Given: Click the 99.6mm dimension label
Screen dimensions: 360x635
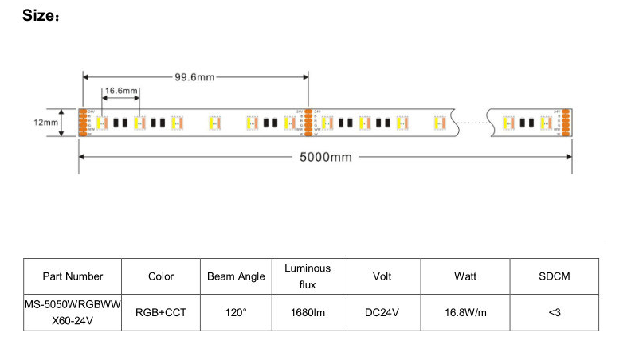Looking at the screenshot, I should pyautogui.click(x=194, y=76).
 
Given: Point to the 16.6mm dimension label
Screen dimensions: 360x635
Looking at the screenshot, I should pyautogui.click(x=121, y=91).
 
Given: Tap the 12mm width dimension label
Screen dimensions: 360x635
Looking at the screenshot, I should pyautogui.click(x=45, y=123).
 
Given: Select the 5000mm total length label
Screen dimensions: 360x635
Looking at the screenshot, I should pyautogui.click(x=325, y=157).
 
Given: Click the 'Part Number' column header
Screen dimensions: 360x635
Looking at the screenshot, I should pyautogui.click(x=73, y=276).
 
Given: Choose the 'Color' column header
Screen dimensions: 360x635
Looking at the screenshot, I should pyautogui.click(x=161, y=276).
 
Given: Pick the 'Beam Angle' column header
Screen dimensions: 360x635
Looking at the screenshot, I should pyautogui.click(x=236, y=276).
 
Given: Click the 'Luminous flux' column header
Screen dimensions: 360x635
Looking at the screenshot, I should pyautogui.click(x=308, y=276).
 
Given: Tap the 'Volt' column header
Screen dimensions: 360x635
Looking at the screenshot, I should pyautogui.click(x=382, y=276).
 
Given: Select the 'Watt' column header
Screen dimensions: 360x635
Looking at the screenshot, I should pyautogui.click(x=465, y=276).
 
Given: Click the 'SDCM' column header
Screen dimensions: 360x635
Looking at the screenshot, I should pyautogui.click(x=555, y=276).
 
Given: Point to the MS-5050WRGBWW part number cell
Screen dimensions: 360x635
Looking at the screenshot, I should pyautogui.click(x=73, y=313).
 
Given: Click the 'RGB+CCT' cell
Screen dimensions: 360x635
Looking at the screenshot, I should pyautogui.click(x=161, y=313).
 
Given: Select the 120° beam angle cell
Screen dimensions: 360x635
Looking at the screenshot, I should pyautogui.click(x=236, y=313).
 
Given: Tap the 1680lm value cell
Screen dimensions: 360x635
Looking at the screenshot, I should pyautogui.click(x=308, y=313).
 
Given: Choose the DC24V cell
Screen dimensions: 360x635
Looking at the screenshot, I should pyautogui.click(x=382, y=313).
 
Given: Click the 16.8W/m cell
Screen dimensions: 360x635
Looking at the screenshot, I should pyautogui.click(x=465, y=313).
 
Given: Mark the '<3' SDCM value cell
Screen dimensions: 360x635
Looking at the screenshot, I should pyautogui.click(x=555, y=313).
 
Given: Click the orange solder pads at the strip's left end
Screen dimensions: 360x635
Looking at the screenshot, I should pyautogui.click(x=82, y=123).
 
